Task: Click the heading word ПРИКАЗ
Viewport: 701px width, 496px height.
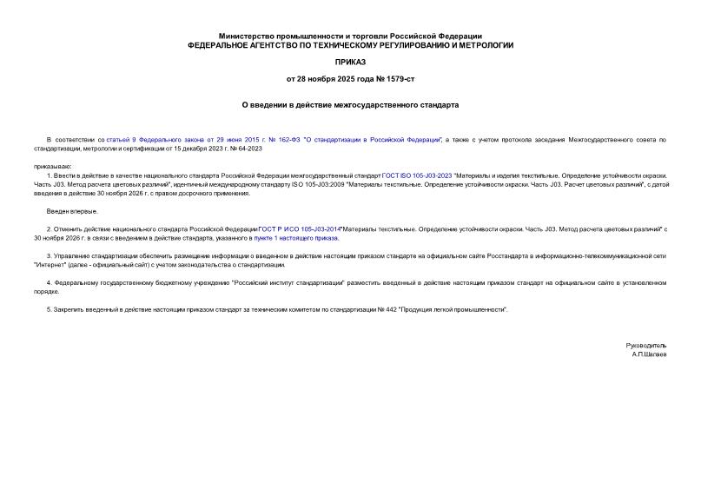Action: (350, 63)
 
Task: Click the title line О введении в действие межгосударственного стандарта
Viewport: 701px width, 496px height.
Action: (350, 104)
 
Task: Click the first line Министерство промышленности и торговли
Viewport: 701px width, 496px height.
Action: (350, 34)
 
